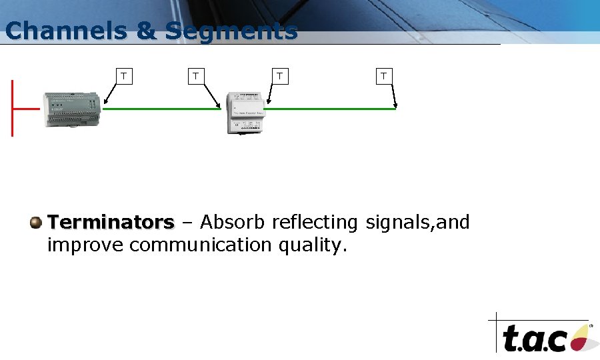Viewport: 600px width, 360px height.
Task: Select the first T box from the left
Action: tap(124, 76)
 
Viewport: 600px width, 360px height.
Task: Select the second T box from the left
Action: tap(195, 76)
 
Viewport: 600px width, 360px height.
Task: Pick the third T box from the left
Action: tap(281, 76)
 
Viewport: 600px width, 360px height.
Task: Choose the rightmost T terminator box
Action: tap(383, 76)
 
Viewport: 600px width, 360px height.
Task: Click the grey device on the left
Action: tap(72, 109)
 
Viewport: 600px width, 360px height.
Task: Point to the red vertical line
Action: tap(12, 108)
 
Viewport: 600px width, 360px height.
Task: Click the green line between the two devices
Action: tap(161, 109)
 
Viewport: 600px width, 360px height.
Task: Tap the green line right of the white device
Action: tap(329, 109)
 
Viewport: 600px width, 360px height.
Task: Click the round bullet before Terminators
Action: tap(36, 222)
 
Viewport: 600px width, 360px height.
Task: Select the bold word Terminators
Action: tap(111, 222)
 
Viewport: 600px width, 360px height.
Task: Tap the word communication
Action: tap(201, 245)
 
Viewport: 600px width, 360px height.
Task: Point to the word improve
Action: tap(85, 245)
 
